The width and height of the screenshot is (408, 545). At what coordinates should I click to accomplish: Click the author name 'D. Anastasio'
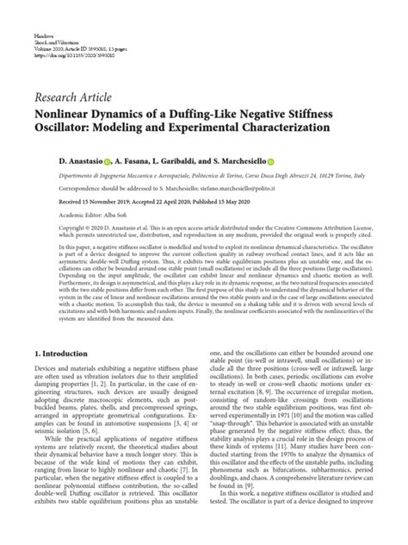click(x=58, y=160)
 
